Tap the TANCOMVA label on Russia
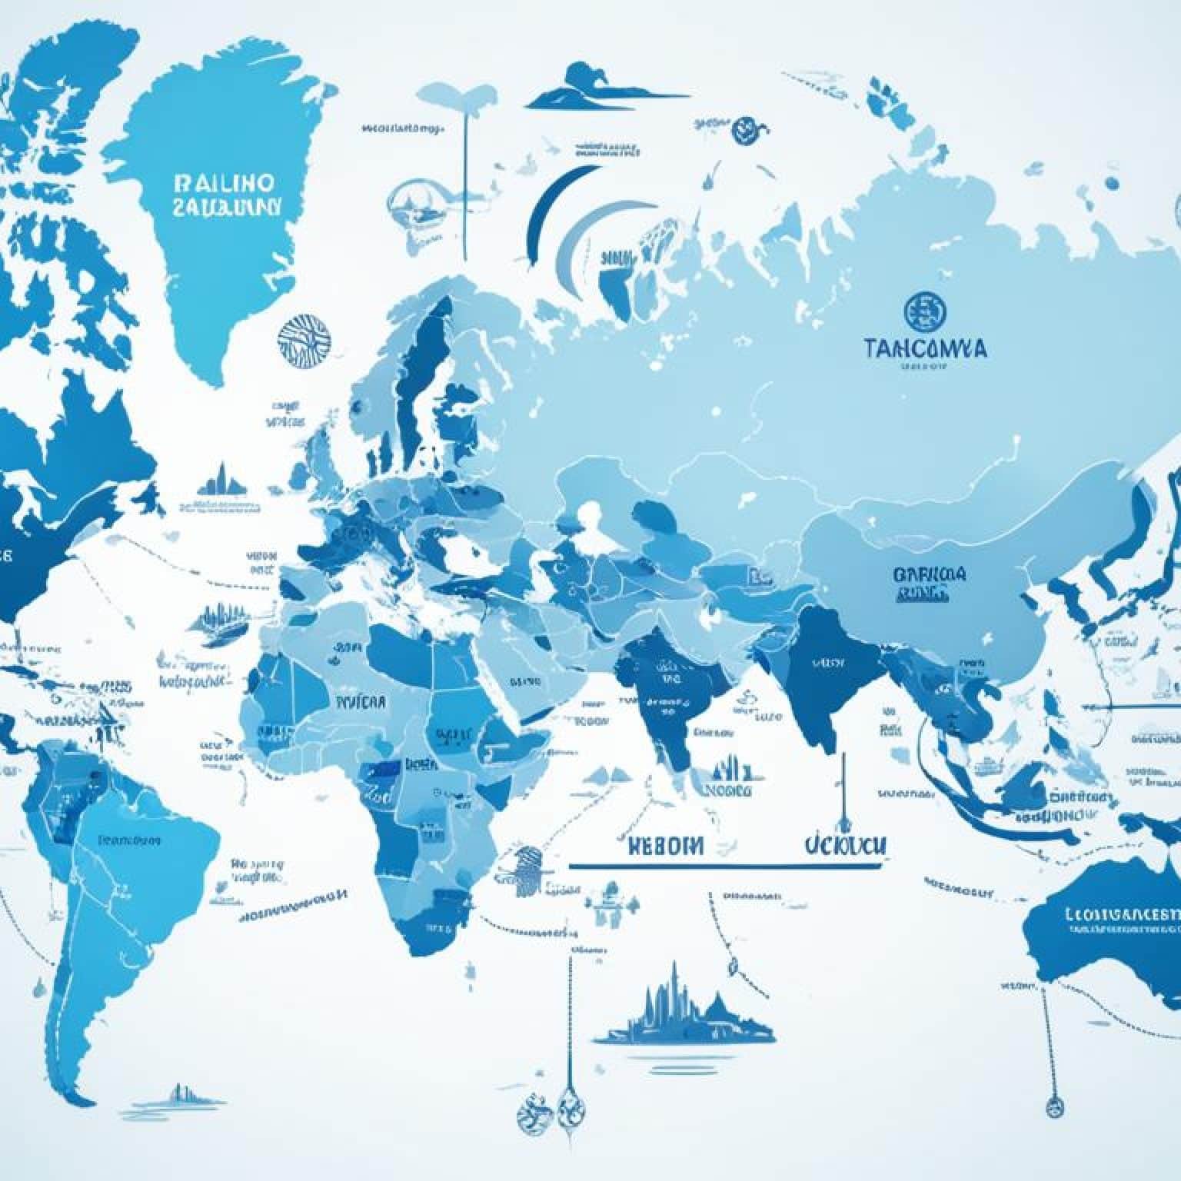925,348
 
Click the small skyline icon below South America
181,1093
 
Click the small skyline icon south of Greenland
222,481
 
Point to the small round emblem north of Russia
744,127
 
